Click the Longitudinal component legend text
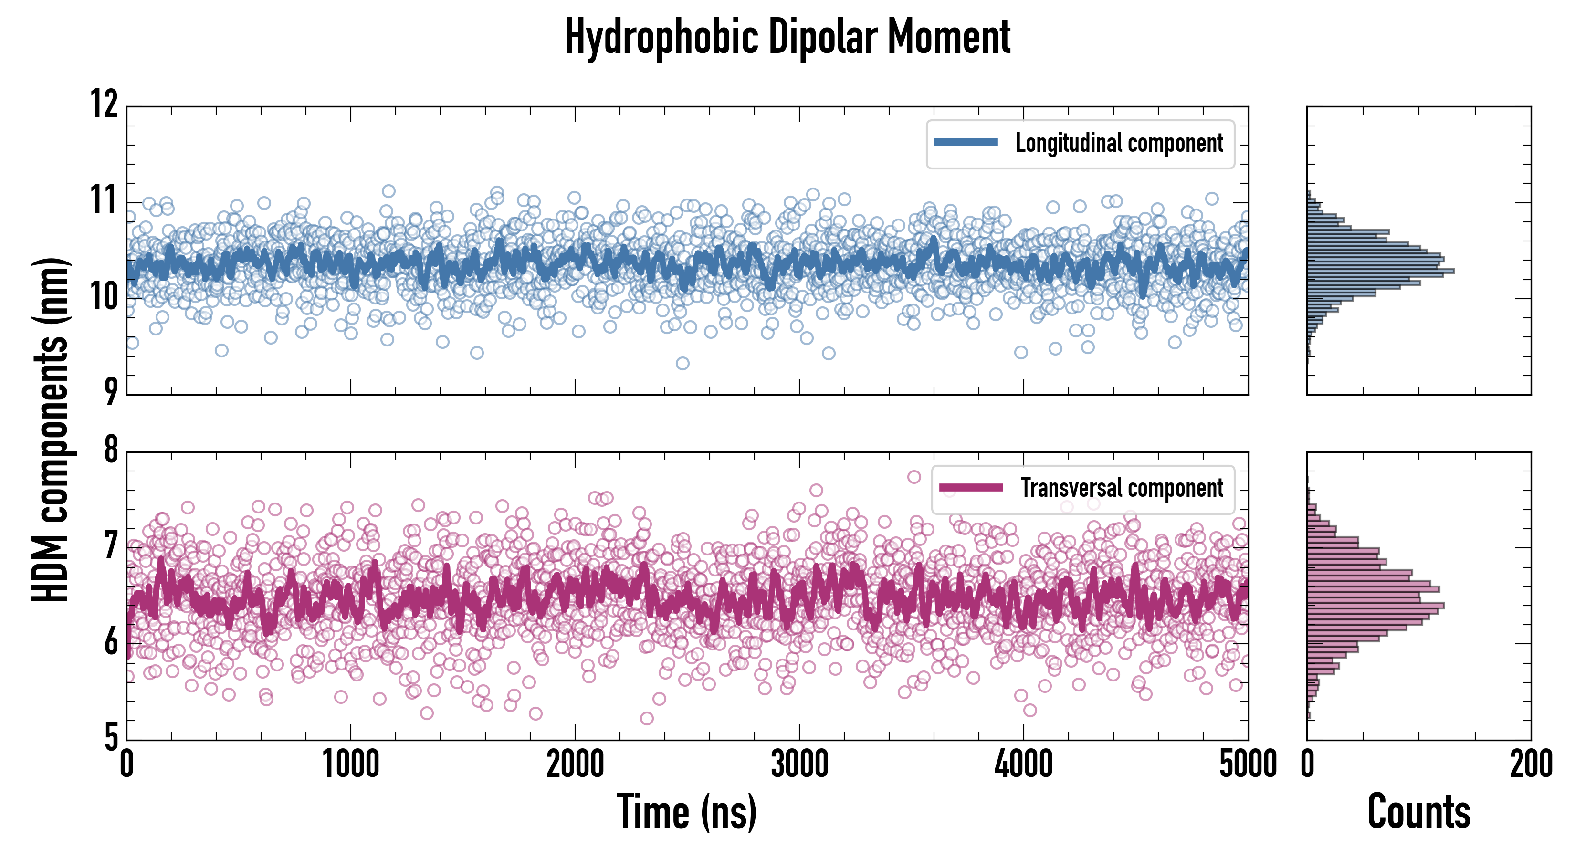coord(1119,143)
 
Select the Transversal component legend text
coord(1122,488)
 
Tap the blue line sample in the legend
coord(966,143)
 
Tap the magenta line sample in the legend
coord(971,487)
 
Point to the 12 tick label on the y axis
coord(105,104)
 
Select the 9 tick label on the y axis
coord(110,391)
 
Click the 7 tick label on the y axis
coord(111,545)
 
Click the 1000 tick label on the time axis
coord(351,764)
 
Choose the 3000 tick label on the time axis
coord(799,764)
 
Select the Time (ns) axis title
coord(687,812)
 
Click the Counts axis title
coord(1418,812)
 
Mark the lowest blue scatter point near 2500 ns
coord(682,363)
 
